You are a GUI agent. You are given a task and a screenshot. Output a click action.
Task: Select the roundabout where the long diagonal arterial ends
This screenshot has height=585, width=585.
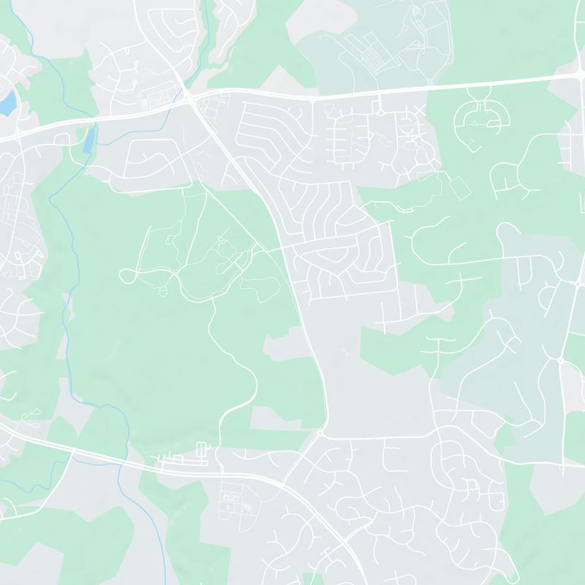point(320,434)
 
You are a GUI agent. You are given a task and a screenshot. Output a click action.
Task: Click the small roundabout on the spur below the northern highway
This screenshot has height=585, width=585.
point(380,111)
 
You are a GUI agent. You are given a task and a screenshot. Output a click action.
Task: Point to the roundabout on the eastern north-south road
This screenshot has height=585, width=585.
point(560,360)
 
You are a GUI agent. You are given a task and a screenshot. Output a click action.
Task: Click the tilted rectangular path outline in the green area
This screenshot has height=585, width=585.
point(458,189)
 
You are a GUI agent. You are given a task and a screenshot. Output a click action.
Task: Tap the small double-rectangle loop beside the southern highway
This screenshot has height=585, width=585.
point(203,448)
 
